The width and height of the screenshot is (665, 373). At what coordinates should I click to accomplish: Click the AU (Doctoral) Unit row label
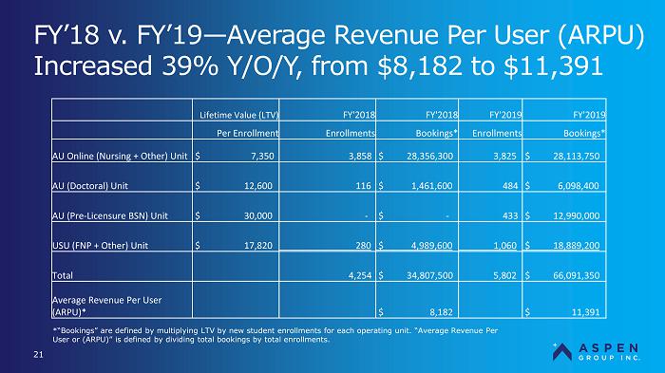click(x=90, y=186)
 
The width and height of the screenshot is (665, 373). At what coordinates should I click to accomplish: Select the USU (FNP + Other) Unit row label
click(x=100, y=246)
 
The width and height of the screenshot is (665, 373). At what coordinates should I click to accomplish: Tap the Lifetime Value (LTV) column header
click(x=239, y=115)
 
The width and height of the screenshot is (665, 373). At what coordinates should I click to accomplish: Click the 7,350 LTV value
click(x=262, y=156)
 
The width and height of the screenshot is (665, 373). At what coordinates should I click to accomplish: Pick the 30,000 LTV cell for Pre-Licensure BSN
click(x=257, y=215)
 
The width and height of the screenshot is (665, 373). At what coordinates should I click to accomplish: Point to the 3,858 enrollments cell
click(x=360, y=156)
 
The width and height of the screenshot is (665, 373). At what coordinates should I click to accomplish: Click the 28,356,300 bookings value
click(x=429, y=156)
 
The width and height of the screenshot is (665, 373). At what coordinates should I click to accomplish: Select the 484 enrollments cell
click(x=510, y=186)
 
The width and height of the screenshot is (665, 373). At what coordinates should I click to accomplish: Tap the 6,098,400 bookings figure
click(x=578, y=186)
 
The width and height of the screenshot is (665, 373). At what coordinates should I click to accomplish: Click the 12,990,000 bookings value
click(x=577, y=215)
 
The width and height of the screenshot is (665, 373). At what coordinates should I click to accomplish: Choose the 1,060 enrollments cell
click(x=504, y=246)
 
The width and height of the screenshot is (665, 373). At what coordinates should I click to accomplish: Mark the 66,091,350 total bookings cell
click(x=577, y=275)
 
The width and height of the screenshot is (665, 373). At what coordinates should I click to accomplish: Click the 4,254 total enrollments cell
click(x=360, y=275)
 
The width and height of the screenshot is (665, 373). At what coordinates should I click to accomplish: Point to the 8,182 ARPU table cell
click(x=441, y=312)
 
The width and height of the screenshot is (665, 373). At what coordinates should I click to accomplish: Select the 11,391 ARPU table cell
click(x=586, y=312)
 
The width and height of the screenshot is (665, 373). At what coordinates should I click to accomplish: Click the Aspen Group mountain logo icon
click(x=562, y=352)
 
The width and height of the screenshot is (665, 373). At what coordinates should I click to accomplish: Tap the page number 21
click(x=38, y=354)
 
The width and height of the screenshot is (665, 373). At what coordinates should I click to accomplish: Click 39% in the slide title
click(x=190, y=66)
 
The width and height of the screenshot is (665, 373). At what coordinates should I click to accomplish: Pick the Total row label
click(x=63, y=275)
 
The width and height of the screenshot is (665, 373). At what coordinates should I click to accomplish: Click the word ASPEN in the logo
click(x=608, y=348)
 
